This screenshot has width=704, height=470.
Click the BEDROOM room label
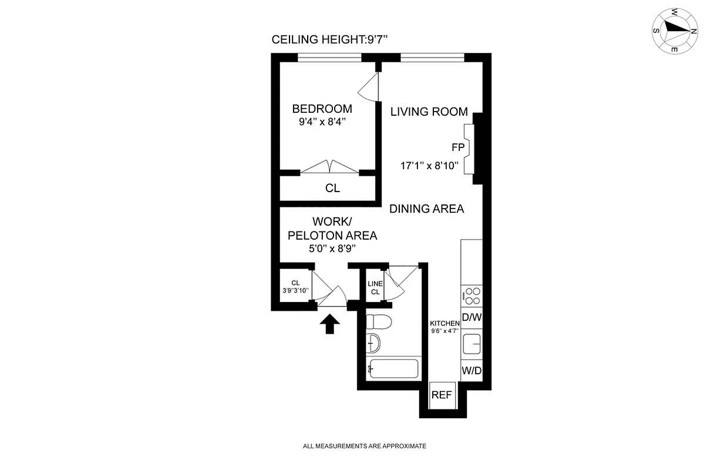(322, 109)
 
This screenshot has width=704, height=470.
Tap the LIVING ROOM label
(429, 112)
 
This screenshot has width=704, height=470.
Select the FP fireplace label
(458, 147)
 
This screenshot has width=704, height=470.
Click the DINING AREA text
(427, 209)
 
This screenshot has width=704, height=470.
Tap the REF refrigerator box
(442, 395)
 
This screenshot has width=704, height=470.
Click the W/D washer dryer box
(471, 371)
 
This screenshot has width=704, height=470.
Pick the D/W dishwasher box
(471, 318)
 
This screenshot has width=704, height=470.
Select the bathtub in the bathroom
(393, 368)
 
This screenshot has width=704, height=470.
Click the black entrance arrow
(330, 324)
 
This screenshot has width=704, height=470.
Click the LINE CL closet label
(375, 288)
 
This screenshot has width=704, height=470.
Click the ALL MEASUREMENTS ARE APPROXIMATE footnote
(364, 446)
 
